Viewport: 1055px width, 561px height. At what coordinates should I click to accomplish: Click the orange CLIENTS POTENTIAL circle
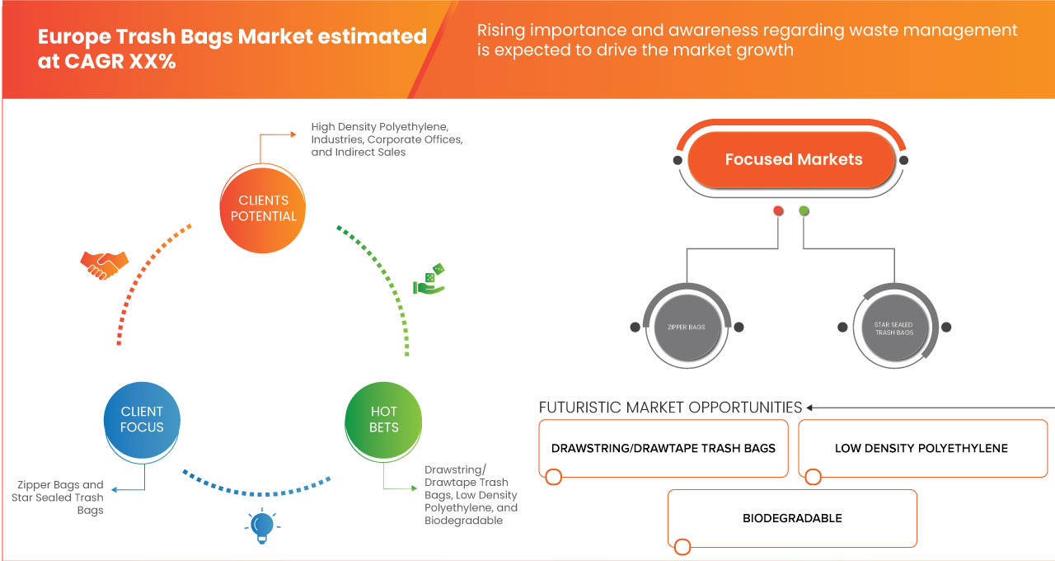[x=264, y=208]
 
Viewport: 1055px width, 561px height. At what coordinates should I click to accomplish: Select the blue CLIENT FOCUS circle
[x=142, y=419]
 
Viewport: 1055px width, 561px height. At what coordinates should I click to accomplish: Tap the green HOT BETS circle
[x=384, y=419]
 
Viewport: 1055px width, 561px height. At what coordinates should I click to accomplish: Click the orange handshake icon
[x=104, y=264]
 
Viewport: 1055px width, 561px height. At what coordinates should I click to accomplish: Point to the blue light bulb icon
[x=262, y=525]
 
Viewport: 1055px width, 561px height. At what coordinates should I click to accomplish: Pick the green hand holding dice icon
[x=429, y=280]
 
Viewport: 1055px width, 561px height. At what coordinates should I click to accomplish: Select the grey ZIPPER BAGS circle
[x=685, y=328]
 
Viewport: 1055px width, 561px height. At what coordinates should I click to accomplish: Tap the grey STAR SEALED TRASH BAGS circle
[x=893, y=328]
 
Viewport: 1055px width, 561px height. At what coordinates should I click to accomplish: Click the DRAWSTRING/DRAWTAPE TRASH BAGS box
[x=663, y=448]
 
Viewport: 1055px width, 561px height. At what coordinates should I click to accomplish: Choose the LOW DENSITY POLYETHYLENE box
[x=921, y=448]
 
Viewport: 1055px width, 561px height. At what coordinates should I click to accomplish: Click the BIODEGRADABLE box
[x=792, y=518]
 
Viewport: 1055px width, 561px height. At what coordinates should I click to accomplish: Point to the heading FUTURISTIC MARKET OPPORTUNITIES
[x=670, y=408]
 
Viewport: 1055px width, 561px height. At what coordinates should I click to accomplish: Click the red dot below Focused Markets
[x=778, y=211]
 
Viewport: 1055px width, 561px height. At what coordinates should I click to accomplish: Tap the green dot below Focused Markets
[x=804, y=211]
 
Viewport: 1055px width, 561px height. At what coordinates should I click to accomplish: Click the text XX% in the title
[x=152, y=62]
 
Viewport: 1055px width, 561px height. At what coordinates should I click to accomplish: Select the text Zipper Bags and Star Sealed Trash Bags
[x=58, y=497]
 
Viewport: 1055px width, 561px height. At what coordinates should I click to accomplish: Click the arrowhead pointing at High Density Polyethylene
[x=293, y=132]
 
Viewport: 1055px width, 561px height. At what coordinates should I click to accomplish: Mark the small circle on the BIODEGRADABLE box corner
[x=682, y=547]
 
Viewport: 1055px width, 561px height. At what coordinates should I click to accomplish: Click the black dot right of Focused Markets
[x=903, y=160]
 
